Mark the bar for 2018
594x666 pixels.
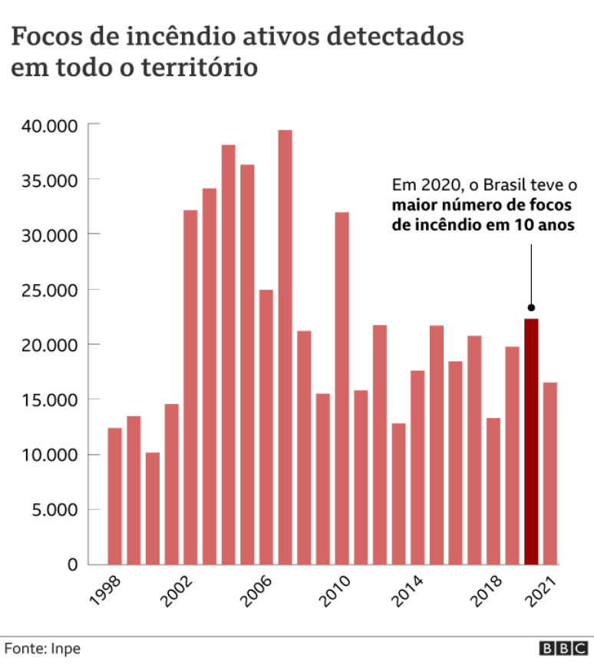pos(493,491)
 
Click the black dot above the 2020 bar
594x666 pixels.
pos(531,307)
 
